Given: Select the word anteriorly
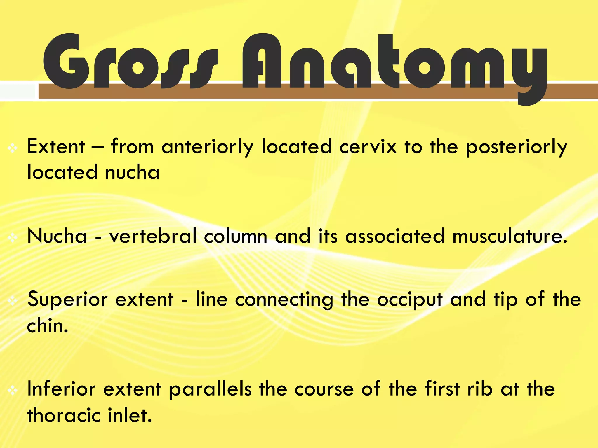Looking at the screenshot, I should (207, 147).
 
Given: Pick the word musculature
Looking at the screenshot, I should (510, 236).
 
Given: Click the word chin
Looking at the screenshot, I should (47, 326).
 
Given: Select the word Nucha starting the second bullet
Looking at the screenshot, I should (57, 236).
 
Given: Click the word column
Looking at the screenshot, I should (235, 236).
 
